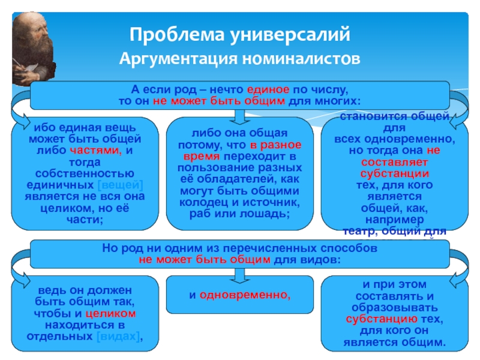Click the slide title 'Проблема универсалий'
(239, 34)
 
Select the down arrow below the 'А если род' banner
(239, 115)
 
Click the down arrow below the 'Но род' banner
(239, 275)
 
